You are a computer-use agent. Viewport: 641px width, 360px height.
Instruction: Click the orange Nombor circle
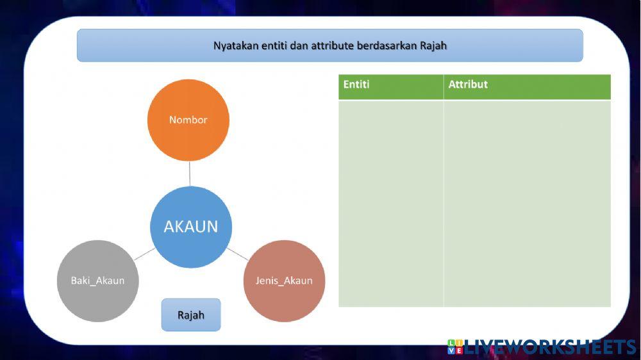tap(188, 120)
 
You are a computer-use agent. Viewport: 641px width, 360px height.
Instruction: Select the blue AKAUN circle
tap(191, 227)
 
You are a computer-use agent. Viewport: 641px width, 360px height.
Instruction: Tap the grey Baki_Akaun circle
tap(98, 281)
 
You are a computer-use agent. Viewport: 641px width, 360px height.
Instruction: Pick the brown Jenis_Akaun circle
tap(284, 281)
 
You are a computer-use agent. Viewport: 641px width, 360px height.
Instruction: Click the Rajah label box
tap(191, 315)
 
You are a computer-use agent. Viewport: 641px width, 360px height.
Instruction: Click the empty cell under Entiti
tap(390, 204)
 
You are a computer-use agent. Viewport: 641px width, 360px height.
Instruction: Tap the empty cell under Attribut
tap(526, 204)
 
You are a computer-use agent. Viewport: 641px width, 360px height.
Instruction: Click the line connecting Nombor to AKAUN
tap(190, 174)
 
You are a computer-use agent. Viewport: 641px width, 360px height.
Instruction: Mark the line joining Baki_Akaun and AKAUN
tap(145, 254)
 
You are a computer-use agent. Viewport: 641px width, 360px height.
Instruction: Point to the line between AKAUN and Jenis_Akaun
tap(237, 253)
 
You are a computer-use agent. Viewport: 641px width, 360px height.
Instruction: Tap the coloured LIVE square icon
tap(455, 347)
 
